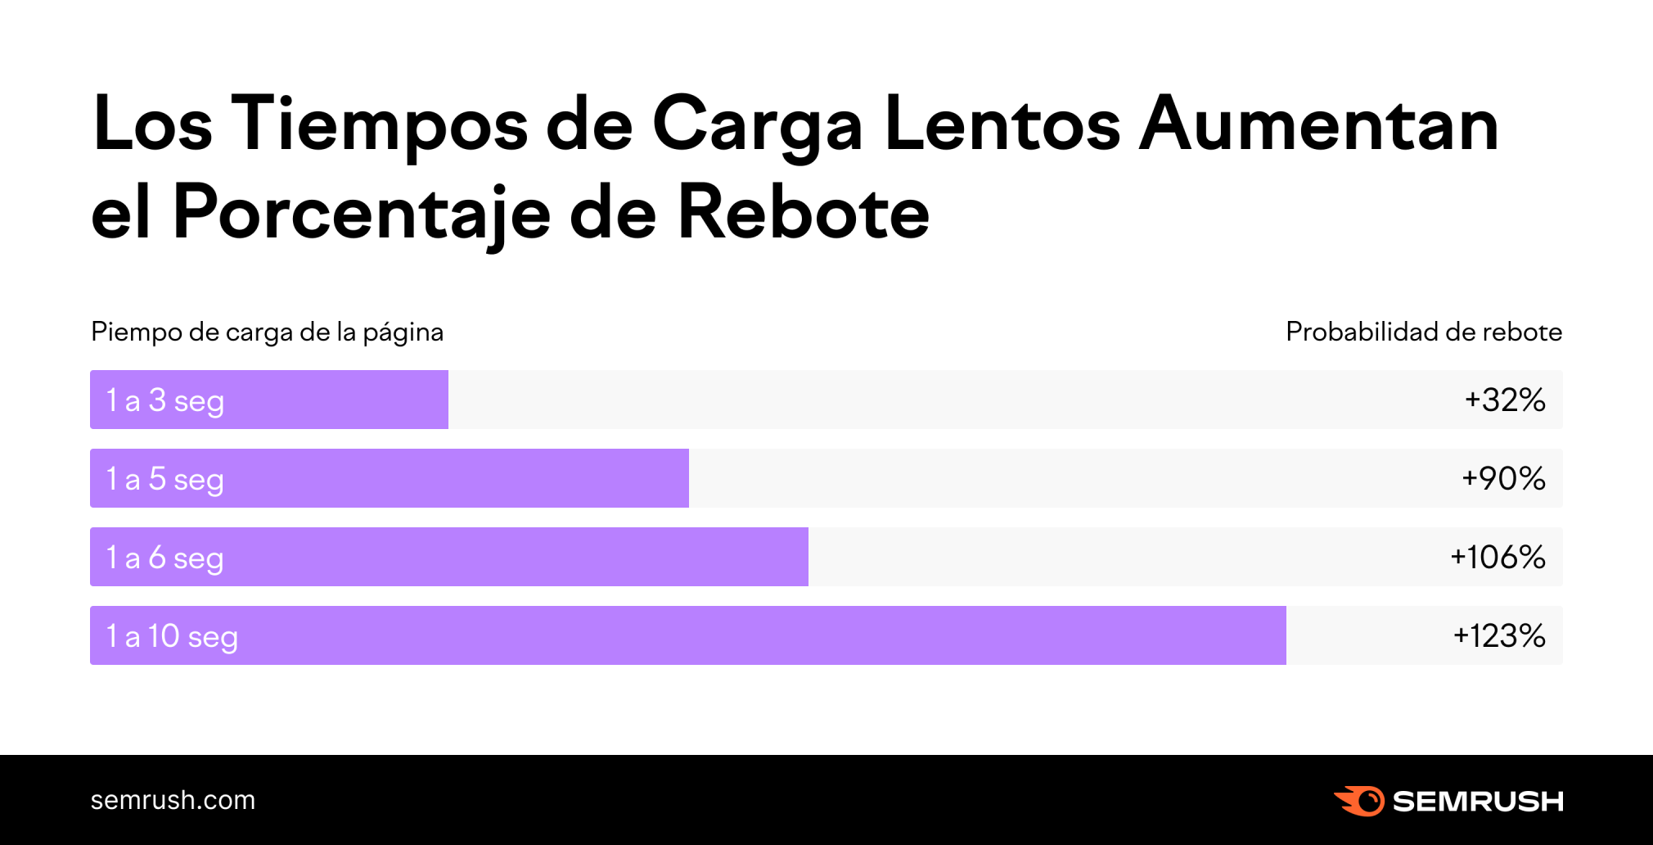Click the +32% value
(1504, 400)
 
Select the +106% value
(1497, 557)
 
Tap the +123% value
(1498, 635)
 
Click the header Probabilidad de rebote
(1423, 332)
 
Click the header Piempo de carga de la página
(267, 332)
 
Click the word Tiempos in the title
(379, 124)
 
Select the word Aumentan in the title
(1318, 124)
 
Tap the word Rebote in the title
(803, 213)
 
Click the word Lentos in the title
(1002, 124)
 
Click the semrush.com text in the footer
(173, 800)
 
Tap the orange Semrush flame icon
(1359, 801)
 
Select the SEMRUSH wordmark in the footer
(1477, 801)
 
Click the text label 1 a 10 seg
(172, 636)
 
